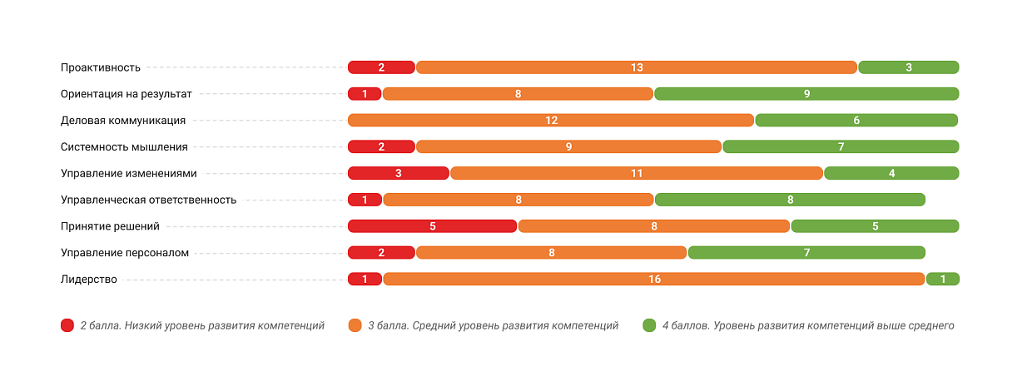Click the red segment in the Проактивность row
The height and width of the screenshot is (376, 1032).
pyautogui.click(x=381, y=67)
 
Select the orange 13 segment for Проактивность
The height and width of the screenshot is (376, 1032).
pyautogui.click(x=637, y=67)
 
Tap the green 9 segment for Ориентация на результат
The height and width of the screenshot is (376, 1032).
pyautogui.click(x=806, y=94)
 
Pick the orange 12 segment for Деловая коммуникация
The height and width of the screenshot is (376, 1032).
pyautogui.click(x=551, y=121)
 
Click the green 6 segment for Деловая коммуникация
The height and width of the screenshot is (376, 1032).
pyautogui.click(x=856, y=121)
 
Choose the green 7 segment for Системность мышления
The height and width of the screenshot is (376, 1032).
pyautogui.click(x=841, y=147)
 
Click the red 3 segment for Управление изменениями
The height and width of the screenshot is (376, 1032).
pyautogui.click(x=399, y=173)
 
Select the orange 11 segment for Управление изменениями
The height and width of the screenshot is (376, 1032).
pyautogui.click(x=637, y=173)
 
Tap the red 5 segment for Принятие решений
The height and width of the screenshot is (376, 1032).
pyautogui.click(x=433, y=225)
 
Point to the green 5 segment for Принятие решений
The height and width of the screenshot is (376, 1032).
pyautogui.click(x=875, y=225)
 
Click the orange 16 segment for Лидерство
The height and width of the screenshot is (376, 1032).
pyautogui.click(x=654, y=279)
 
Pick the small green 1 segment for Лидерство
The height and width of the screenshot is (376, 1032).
pyautogui.click(x=943, y=279)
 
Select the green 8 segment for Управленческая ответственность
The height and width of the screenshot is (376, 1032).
pyautogui.click(x=790, y=200)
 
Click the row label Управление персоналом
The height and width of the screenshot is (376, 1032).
pyautogui.click(x=125, y=252)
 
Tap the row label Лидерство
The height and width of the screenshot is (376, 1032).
pyautogui.click(x=89, y=279)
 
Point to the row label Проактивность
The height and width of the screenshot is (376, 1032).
pyautogui.click(x=101, y=67)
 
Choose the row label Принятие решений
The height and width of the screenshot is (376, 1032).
pyautogui.click(x=110, y=225)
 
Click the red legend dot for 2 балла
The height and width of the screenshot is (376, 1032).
pyautogui.click(x=67, y=325)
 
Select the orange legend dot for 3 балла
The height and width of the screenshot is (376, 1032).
pyautogui.click(x=355, y=325)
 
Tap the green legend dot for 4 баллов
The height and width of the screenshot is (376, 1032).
pyautogui.click(x=649, y=325)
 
